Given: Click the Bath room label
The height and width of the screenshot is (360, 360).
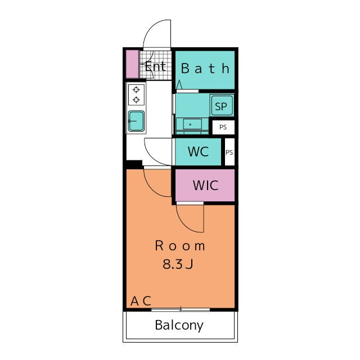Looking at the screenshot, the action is [x=205, y=69].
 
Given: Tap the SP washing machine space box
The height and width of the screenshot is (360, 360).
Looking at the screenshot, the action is [x=222, y=106].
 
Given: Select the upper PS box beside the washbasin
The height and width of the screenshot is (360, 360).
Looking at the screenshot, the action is [x=223, y=127].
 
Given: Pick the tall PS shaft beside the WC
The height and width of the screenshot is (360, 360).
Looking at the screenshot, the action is [x=229, y=152].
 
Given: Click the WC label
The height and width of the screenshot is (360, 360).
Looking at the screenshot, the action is [x=198, y=151].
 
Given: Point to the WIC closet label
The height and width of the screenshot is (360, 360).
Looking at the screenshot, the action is [x=205, y=186].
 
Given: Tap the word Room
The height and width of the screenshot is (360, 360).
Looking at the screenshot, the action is [x=180, y=246].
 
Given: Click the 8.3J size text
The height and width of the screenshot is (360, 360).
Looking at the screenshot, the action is [x=178, y=264].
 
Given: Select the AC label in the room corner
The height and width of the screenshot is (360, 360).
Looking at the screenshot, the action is [x=141, y=301].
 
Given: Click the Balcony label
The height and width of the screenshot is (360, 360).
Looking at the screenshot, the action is [x=179, y=325].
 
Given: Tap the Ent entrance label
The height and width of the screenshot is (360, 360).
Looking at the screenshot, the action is [x=155, y=66].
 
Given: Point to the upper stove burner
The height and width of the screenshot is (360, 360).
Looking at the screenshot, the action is [x=136, y=89].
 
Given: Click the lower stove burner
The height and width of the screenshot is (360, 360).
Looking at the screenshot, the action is [x=136, y=100].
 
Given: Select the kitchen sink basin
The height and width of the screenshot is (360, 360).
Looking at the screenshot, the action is [x=136, y=121].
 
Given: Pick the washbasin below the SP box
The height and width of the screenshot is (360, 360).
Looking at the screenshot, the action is [x=192, y=124].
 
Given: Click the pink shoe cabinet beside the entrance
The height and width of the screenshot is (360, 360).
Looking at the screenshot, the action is [x=132, y=64].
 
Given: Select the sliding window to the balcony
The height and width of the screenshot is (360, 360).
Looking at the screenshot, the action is [x=181, y=310].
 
